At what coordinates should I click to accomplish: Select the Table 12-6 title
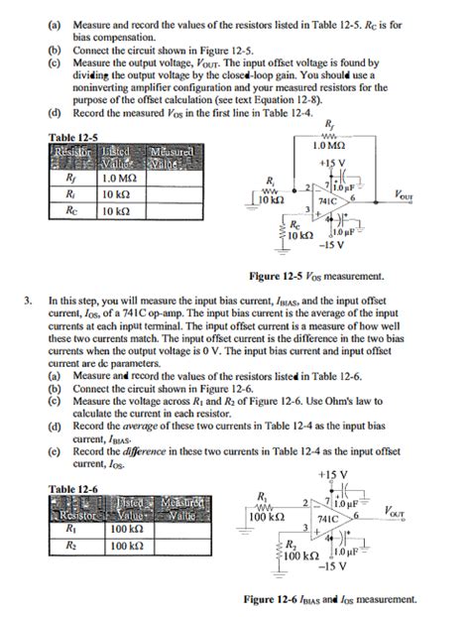tap(71, 489)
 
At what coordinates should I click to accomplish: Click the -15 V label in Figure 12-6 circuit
tap(332, 567)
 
